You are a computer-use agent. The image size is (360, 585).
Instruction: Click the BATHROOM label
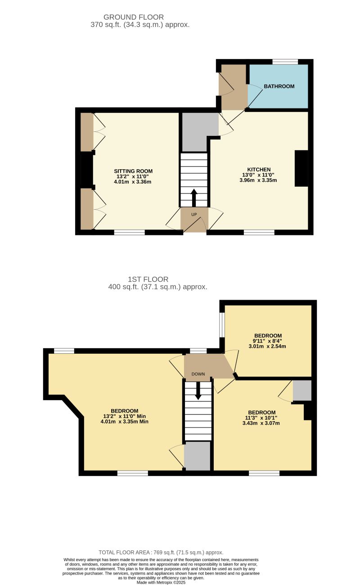[279, 86]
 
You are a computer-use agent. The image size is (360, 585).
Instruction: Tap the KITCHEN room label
[258, 170]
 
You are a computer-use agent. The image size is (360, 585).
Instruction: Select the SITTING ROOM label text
[133, 171]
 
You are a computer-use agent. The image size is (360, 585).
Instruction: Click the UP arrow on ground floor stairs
[194, 197]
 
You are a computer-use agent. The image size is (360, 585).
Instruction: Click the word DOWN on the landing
[198, 374]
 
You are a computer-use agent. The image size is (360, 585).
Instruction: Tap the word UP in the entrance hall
[194, 214]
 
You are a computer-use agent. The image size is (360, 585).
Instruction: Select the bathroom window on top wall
[285, 62]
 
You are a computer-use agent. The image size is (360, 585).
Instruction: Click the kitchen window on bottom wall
[259, 232]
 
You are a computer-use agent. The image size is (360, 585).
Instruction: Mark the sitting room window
[129, 232]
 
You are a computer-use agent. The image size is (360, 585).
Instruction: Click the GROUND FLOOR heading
[134, 17]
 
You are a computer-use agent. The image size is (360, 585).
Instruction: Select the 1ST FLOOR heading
[148, 279]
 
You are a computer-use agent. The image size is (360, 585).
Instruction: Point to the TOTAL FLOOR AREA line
[161, 552]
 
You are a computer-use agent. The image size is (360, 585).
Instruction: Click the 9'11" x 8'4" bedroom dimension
[268, 341]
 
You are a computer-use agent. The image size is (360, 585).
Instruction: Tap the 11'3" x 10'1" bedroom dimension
[261, 418]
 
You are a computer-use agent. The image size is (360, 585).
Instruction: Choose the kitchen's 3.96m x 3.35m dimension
[258, 180]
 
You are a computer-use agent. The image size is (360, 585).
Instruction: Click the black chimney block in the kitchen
[301, 168]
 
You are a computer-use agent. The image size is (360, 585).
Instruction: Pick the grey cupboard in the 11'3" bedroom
[301, 391]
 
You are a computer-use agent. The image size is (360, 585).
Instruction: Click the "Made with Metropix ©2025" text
[161, 582]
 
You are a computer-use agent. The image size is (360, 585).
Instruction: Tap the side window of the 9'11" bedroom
[222, 324]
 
